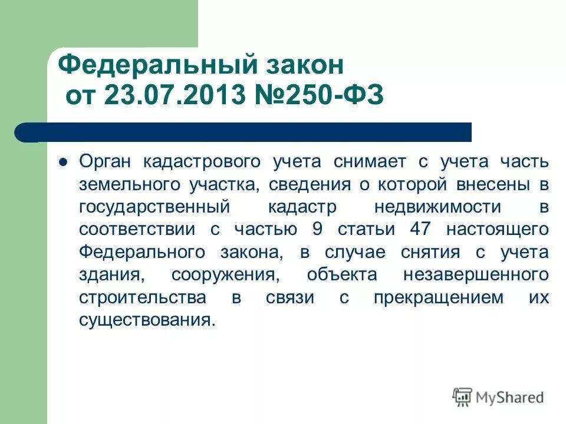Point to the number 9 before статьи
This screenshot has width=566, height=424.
click(x=317, y=230)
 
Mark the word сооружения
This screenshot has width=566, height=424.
click(x=221, y=275)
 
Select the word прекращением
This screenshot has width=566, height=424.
click(x=438, y=297)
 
